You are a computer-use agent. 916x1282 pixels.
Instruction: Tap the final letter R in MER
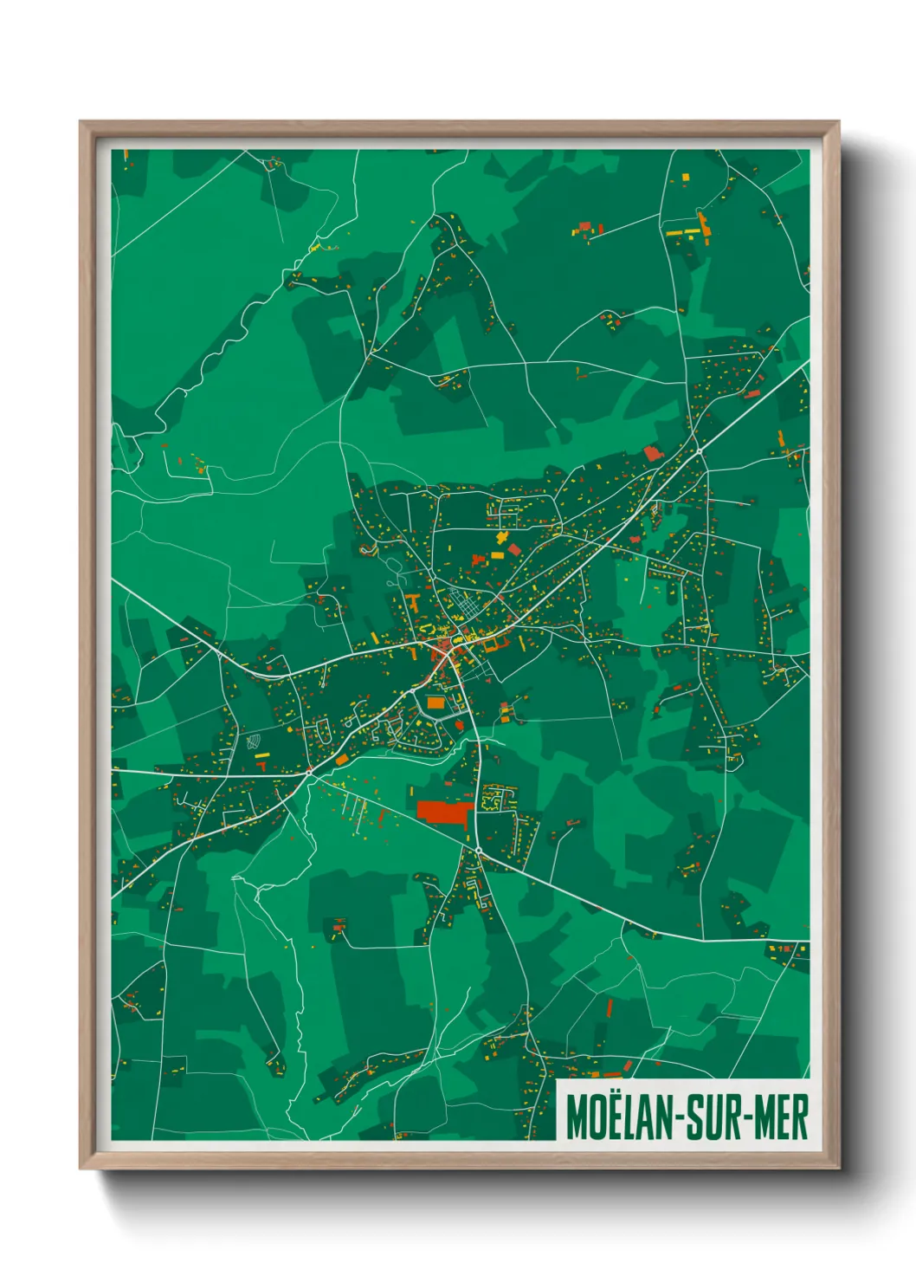(800, 1118)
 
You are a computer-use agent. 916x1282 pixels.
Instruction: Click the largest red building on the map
(445, 812)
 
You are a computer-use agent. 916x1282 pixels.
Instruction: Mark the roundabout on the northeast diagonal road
(699, 451)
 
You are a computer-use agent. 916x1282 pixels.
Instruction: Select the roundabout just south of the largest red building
(478, 851)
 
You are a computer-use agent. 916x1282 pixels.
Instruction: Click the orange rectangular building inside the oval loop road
(435, 703)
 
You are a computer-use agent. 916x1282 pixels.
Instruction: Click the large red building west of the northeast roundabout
(652, 453)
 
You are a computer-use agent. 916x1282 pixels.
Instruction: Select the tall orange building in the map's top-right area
(703, 223)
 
